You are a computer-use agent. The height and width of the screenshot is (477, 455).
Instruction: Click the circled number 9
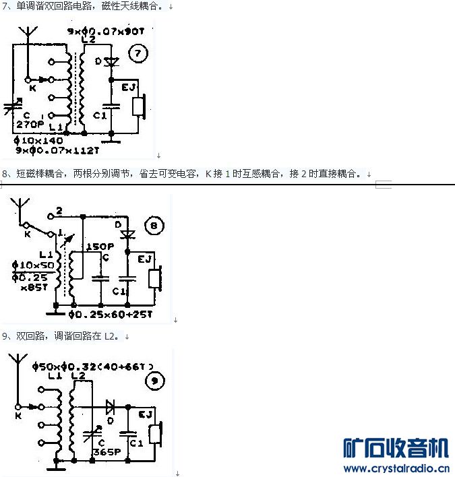pos(155,382)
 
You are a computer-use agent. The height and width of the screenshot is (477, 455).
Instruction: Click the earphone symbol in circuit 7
pos(139,106)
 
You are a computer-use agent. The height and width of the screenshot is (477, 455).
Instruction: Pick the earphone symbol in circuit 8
pos(156,278)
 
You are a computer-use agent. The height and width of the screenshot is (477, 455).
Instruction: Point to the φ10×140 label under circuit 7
pos(38,140)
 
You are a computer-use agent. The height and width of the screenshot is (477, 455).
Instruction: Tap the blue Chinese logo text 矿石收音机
pos(396,449)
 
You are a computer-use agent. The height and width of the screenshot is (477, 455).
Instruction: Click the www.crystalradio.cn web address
pos(396,469)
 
